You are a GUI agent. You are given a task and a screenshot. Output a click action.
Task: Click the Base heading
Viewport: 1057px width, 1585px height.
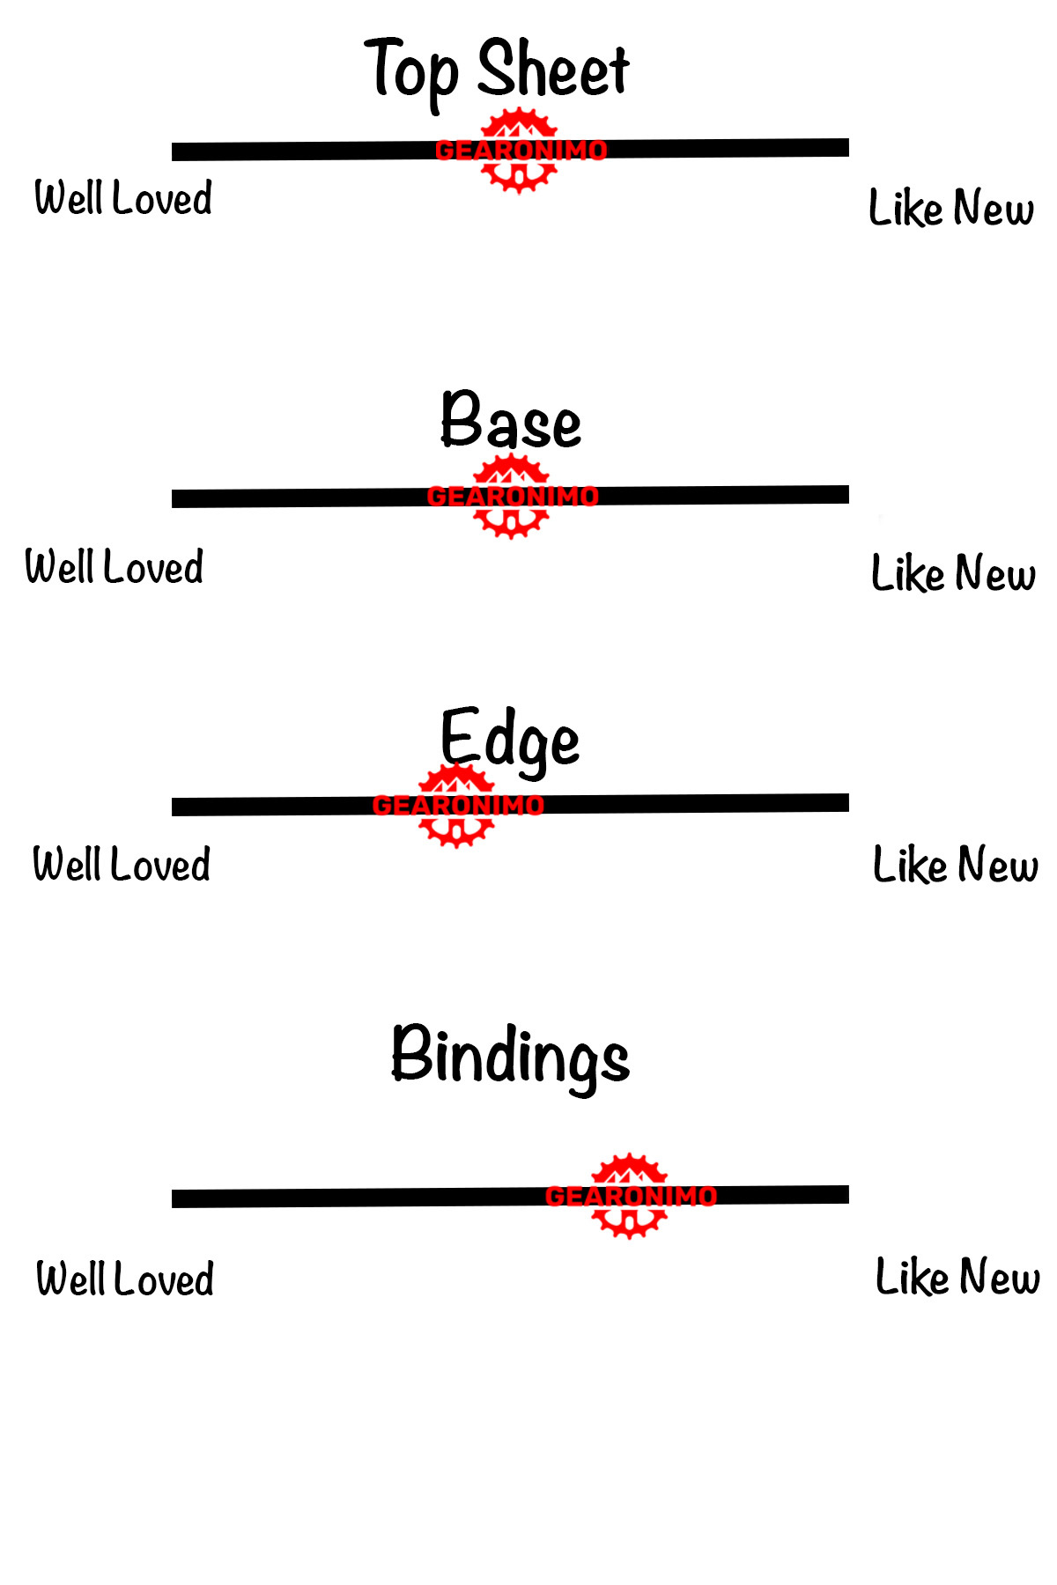[x=511, y=421]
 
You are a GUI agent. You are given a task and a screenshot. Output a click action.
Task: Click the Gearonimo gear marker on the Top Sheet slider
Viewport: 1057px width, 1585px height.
[x=520, y=150]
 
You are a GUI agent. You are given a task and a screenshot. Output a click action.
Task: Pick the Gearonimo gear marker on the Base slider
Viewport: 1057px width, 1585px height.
[x=511, y=497]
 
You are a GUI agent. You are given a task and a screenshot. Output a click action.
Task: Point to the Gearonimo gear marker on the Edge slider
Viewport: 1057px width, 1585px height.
[x=456, y=805]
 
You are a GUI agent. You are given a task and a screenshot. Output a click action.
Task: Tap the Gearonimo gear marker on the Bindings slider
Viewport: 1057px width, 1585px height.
[x=629, y=1196]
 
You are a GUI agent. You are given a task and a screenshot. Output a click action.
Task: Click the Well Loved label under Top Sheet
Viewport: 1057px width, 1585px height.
[x=123, y=197]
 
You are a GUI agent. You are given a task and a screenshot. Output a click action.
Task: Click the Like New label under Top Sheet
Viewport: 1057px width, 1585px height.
[x=951, y=208]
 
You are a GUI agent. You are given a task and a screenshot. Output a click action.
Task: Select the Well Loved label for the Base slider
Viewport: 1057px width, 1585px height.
[x=115, y=566]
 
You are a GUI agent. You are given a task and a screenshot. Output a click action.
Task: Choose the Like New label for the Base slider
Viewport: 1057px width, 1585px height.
[x=953, y=573]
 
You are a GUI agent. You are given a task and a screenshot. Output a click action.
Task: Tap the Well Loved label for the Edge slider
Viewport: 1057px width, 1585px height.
[x=122, y=864]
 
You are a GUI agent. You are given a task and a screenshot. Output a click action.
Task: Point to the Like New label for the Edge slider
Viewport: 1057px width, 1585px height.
[x=955, y=864]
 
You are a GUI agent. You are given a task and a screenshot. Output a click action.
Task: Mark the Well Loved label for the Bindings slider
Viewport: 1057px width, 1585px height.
[x=125, y=1279]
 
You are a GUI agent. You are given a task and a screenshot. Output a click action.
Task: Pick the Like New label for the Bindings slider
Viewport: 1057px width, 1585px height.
[x=957, y=1277]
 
